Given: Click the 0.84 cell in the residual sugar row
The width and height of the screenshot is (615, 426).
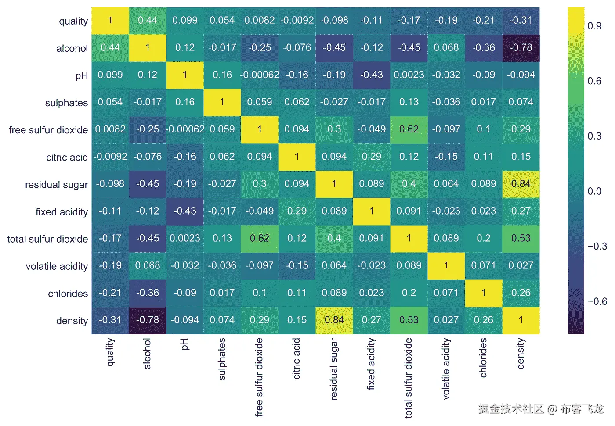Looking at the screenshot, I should (521, 184).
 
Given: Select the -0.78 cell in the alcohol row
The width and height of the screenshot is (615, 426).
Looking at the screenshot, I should (521, 47).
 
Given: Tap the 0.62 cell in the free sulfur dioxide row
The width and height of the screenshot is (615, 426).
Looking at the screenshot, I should (409, 129).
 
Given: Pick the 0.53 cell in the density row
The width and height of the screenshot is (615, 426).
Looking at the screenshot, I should (409, 320).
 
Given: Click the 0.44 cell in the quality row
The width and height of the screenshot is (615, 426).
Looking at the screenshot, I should (147, 20).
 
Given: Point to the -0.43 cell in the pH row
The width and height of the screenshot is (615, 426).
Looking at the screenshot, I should (371, 75).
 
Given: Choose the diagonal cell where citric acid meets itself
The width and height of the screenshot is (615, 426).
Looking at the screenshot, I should (297, 157).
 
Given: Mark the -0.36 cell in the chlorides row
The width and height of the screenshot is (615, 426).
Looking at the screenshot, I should (147, 293).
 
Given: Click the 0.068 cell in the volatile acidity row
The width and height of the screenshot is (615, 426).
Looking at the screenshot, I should (147, 265).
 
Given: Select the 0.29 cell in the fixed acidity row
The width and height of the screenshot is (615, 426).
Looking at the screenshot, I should (297, 211).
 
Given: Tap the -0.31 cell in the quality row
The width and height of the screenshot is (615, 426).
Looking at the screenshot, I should (521, 20).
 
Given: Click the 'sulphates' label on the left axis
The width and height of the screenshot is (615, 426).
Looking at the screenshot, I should (66, 103).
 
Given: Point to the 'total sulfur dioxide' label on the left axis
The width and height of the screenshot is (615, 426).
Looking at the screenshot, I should (47, 239).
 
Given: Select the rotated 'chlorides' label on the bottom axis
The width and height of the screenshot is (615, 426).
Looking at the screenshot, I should (484, 358).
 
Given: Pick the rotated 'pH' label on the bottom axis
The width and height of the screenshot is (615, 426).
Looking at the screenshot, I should (184, 344).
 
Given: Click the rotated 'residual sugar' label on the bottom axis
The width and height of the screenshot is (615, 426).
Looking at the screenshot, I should (334, 369).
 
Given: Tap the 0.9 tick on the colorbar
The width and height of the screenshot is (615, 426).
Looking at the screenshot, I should (594, 26).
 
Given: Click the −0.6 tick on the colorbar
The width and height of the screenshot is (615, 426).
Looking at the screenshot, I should (597, 301).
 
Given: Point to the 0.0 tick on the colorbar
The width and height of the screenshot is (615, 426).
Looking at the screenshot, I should (594, 191).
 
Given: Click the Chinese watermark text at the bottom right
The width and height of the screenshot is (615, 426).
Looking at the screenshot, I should (541, 409).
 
